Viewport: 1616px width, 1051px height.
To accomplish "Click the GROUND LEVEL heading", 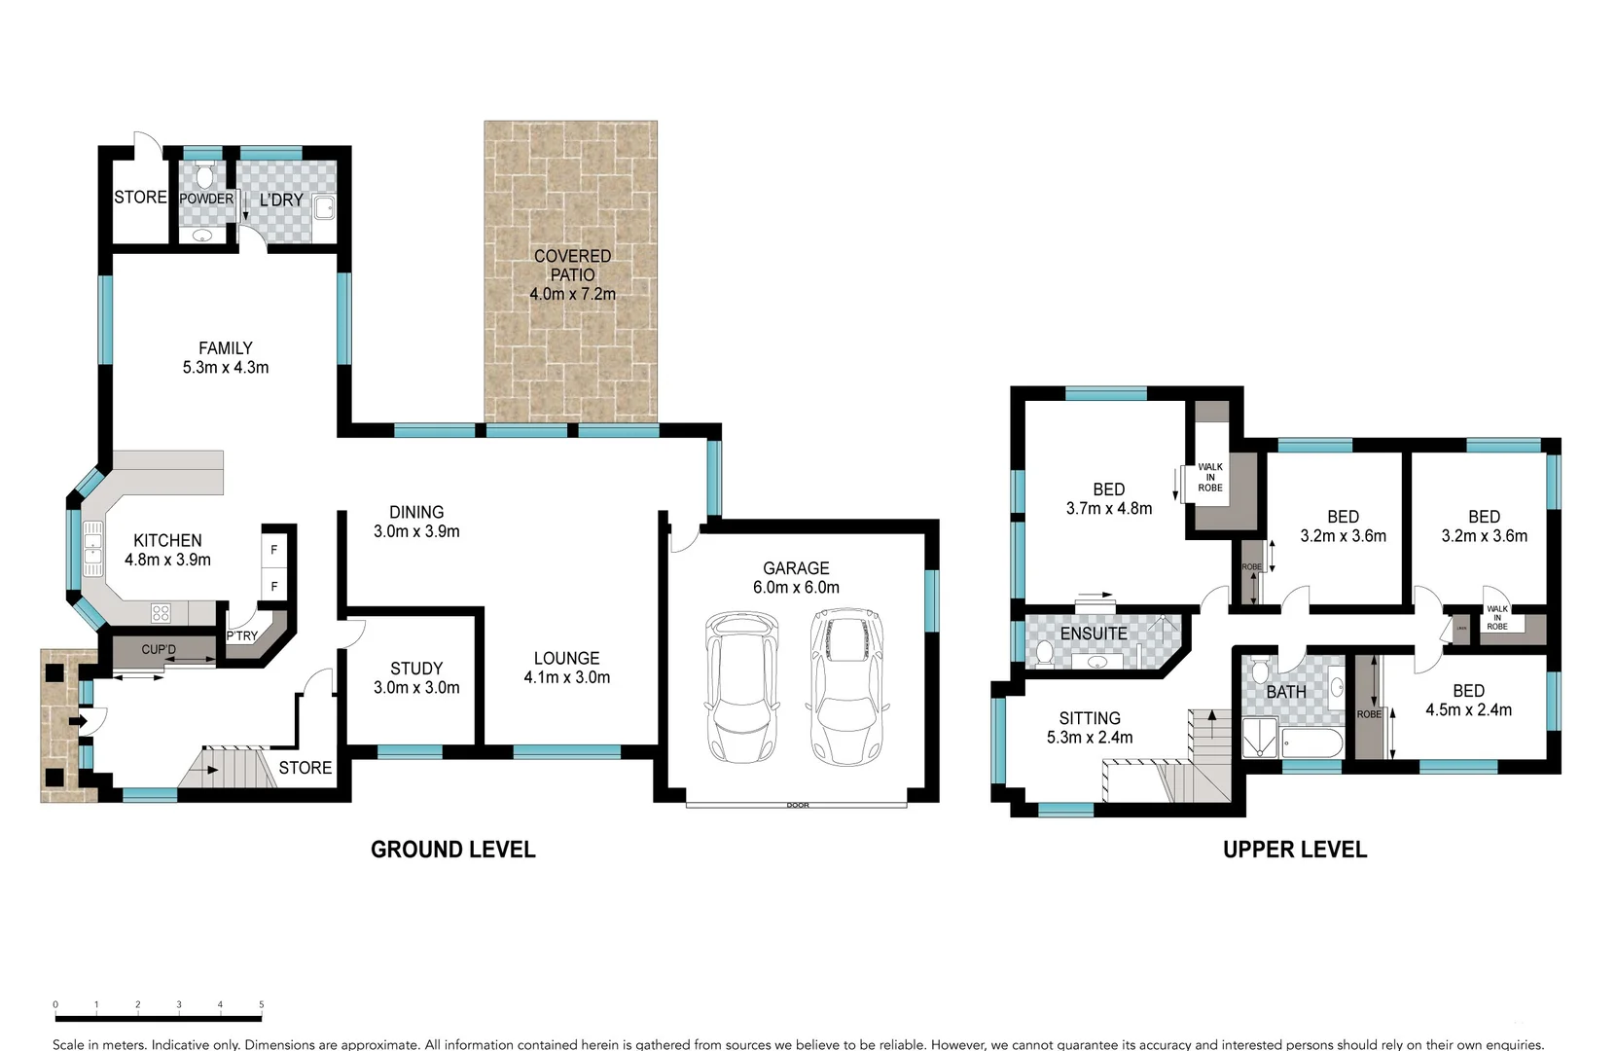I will (452, 850).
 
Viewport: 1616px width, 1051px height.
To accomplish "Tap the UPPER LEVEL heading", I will (1294, 850).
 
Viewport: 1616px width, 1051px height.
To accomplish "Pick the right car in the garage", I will (844, 686).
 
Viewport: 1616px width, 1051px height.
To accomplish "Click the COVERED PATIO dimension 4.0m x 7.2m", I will (572, 294).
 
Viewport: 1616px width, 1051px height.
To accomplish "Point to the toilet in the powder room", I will (204, 177).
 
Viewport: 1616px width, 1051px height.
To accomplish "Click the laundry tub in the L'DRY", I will (324, 207).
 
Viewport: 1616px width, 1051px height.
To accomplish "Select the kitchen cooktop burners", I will (162, 613).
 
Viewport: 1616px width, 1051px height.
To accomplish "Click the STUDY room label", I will (416, 669).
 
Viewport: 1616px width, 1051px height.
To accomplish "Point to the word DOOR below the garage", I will (798, 806).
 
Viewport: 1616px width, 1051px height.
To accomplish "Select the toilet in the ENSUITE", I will (1044, 653).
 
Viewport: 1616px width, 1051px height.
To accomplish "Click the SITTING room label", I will (1090, 718).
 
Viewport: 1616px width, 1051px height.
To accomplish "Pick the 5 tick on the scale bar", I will (261, 1005).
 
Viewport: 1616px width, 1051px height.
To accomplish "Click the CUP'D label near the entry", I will (159, 649).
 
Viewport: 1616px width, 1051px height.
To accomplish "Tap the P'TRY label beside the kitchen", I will (242, 636).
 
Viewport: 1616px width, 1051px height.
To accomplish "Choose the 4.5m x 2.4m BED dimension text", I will (1468, 710).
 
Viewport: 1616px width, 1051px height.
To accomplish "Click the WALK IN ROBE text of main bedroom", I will (1210, 477).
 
